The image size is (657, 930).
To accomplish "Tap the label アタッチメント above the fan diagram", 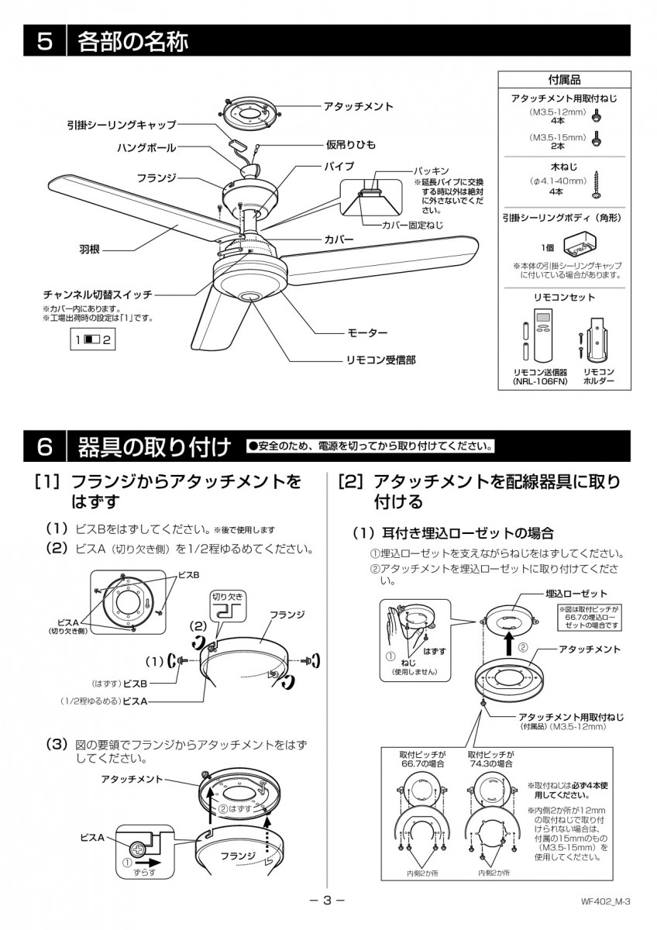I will [x=359, y=106].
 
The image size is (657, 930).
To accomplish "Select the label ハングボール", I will [x=146, y=147].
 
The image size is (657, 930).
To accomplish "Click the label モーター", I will [x=366, y=332].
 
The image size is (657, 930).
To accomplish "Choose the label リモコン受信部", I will [x=379, y=360].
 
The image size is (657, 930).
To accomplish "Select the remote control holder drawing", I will [x=597, y=339].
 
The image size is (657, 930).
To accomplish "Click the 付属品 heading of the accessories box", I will [x=563, y=79].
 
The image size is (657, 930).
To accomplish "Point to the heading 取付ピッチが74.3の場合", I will [x=489, y=758].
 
